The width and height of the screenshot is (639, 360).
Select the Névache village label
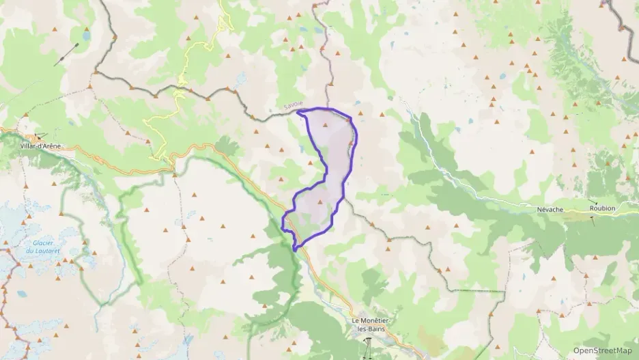pyautogui.click(x=550, y=209)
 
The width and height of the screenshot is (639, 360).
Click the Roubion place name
pyautogui.click(x=602, y=209)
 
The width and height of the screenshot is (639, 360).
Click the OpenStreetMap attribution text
pyautogui.click(x=602, y=350)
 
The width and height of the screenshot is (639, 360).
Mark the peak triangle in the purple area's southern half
pyautogui.click(x=319, y=202)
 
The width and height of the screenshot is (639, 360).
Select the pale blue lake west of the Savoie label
pyautogui.click(x=240, y=80)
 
